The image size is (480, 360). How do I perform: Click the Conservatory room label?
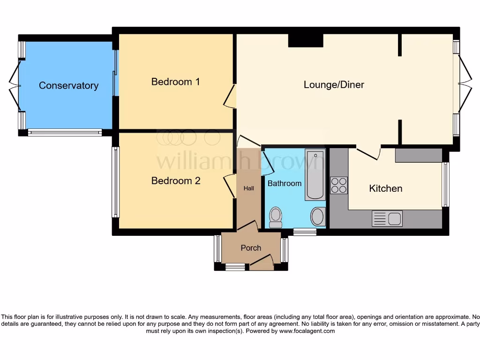click(68, 85)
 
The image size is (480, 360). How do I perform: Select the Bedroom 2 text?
click(175, 180)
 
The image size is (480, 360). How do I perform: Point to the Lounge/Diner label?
click(334, 84)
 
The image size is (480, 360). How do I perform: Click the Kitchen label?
click(385, 188)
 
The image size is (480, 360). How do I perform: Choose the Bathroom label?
click(284, 183)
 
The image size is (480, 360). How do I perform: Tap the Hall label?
click(248, 188)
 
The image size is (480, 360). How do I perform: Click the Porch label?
click(251, 247)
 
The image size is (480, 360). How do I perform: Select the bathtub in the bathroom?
click(315, 174)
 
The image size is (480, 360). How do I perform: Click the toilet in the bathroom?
click(276, 217)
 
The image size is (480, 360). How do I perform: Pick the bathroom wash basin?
click(318, 217)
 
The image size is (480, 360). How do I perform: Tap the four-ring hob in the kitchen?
click(339, 185)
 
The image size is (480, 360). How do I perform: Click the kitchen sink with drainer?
click(387, 218)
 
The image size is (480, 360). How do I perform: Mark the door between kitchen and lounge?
click(368, 153)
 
